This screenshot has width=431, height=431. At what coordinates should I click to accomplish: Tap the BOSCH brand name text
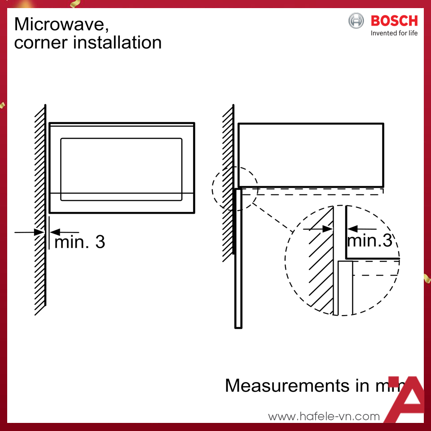coord(394,21)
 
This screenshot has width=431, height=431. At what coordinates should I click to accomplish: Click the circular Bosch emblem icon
coord(356,21)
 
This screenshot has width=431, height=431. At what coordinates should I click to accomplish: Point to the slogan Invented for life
coord(394,33)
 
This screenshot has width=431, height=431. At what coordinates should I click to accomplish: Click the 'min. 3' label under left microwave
coord(79,242)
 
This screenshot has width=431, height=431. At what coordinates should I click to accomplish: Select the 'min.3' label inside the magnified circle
coord(369,241)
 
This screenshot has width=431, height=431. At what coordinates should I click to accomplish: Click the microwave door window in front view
coord(121,169)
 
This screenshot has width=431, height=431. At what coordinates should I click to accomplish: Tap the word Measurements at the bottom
coord(287,386)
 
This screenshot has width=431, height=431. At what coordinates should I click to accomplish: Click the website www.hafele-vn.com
coord(324,417)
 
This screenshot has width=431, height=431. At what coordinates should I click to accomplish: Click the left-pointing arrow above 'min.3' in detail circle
coord(353,229)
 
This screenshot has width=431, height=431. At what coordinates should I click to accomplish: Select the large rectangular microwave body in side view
coord(311,155)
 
